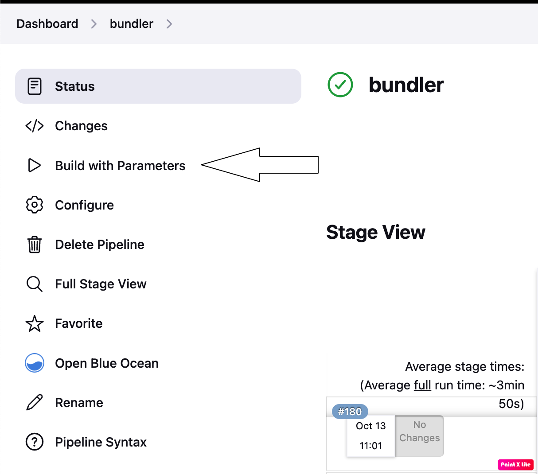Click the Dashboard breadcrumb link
(x=47, y=23)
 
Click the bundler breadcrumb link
(x=131, y=23)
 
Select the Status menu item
(x=74, y=86)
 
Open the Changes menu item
(x=81, y=126)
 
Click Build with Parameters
(x=120, y=166)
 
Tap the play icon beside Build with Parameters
(x=34, y=165)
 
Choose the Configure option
(x=84, y=205)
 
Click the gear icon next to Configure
(x=35, y=205)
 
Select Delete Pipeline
(x=99, y=245)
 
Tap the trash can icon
(x=35, y=245)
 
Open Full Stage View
(x=101, y=284)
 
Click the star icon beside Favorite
(x=35, y=324)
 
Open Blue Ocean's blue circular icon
(x=35, y=363)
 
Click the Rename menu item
(x=79, y=403)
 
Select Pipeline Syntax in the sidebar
(x=101, y=442)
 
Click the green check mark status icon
(x=340, y=85)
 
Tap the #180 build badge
(x=350, y=412)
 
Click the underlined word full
(x=422, y=385)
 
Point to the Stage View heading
(x=376, y=232)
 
